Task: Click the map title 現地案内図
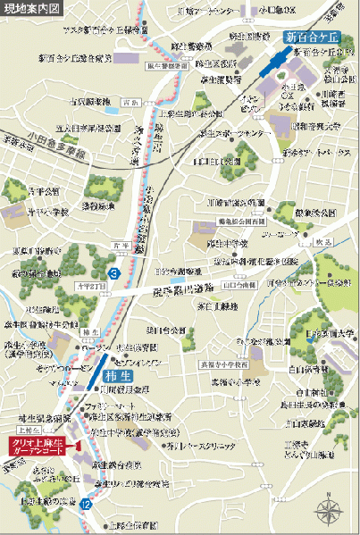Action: coord(32,11)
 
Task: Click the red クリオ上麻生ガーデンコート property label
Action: coord(42,421)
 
